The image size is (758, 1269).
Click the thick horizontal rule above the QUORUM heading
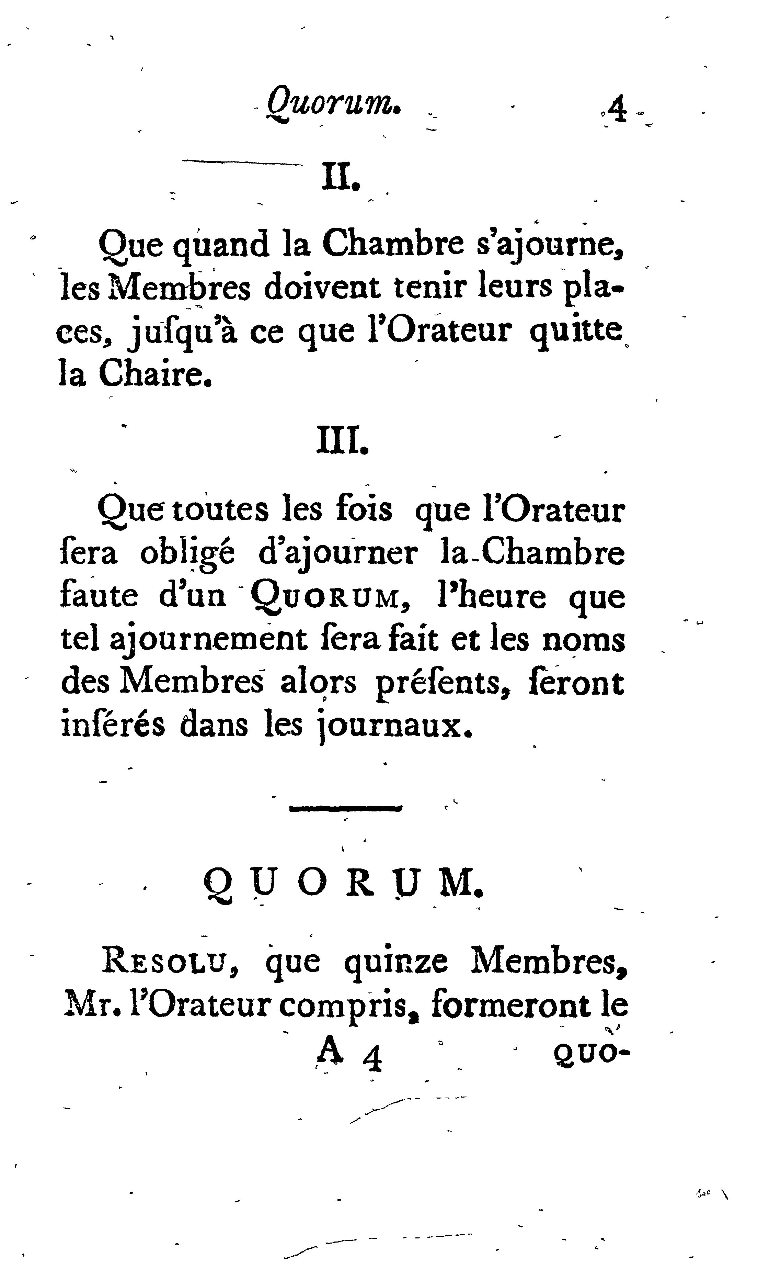(x=346, y=808)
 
